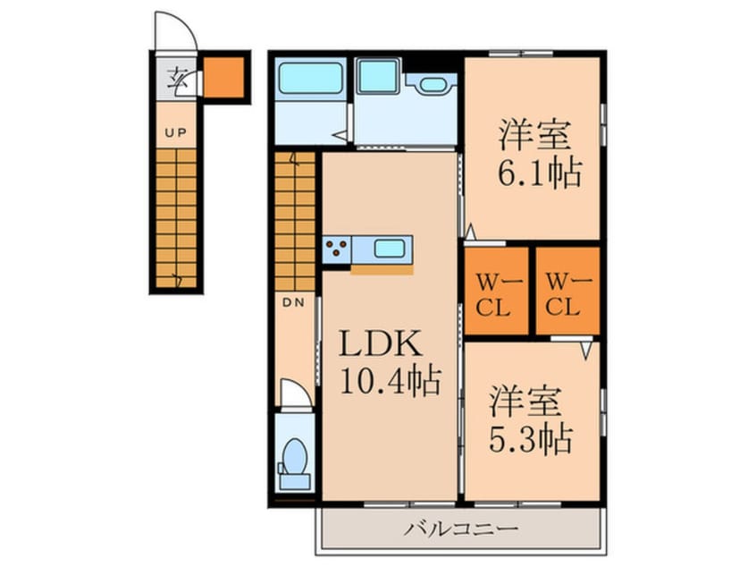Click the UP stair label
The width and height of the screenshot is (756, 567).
174,133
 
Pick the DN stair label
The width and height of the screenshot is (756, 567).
294,302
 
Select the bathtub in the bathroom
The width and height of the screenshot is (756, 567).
310,80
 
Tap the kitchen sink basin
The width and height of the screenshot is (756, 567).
390,249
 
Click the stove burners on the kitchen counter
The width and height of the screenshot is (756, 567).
338,249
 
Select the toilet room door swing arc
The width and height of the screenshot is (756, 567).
295,393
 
